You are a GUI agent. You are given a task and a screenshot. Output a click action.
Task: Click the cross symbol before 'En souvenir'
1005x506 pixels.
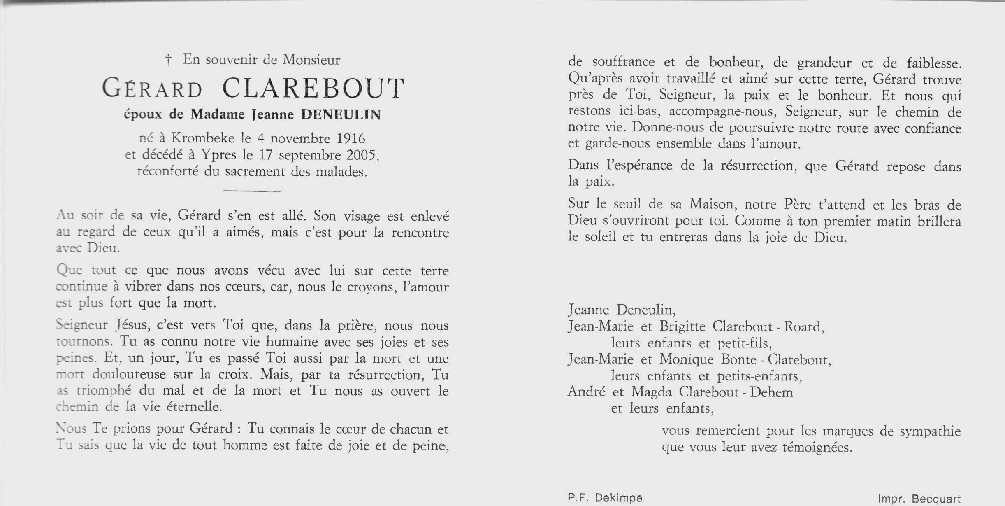point(168,61)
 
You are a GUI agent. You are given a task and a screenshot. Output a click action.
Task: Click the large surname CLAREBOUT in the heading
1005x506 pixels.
point(313,89)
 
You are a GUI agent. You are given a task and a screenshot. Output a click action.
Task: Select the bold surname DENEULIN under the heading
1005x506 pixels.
point(341,115)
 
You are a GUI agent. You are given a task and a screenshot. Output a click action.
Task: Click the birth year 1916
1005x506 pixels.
point(351,138)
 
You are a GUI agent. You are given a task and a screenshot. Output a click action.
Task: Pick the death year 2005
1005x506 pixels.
point(361,155)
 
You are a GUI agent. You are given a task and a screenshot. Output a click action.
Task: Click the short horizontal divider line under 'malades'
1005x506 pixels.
point(252,191)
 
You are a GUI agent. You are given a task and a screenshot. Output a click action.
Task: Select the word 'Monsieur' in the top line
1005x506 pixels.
point(311,60)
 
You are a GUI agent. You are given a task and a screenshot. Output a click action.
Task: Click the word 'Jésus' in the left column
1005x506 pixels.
point(132,326)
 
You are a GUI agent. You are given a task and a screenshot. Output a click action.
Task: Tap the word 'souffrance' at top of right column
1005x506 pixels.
point(623,62)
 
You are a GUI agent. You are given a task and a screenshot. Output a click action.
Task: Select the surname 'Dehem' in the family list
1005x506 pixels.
point(771,392)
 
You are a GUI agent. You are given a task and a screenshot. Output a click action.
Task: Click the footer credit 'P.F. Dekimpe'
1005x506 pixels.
point(605,498)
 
